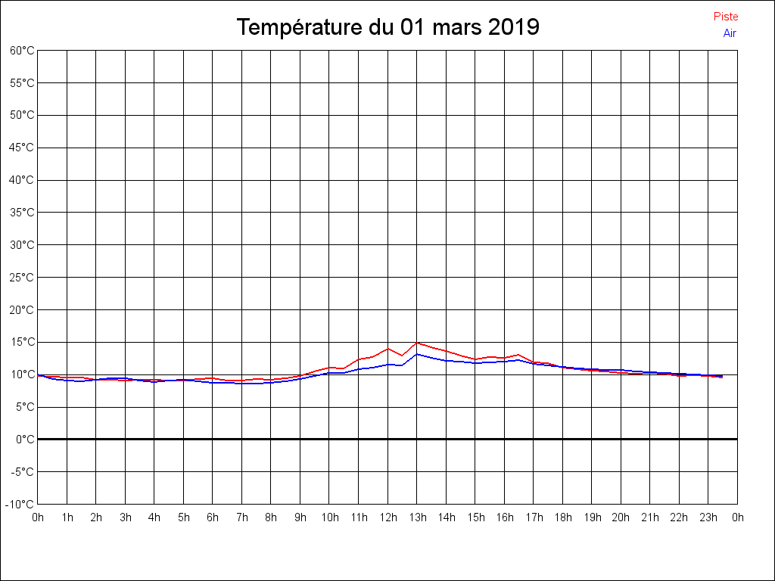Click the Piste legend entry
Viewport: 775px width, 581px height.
tap(725, 17)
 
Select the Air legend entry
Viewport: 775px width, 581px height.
tap(730, 33)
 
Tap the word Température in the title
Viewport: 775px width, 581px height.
tap(300, 27)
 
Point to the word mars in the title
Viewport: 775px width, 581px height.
tap(453, 27)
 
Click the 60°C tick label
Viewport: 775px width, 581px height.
tap(22, 51)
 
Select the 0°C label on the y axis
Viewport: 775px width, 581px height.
tap(25, 440)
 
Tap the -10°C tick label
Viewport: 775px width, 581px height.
tap(20, 505)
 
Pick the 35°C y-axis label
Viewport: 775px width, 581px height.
tap(22, 213)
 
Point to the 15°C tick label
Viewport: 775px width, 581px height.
tap(22, 342)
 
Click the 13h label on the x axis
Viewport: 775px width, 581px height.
tap(417, 517)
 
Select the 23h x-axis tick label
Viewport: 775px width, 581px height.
tap(708, 517)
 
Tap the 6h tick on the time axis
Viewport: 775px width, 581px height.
tap(213, 517)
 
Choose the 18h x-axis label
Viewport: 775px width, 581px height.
tap(562, 517)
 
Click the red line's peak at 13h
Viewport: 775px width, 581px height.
tap(417, 343)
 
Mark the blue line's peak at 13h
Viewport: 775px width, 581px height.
tap(417, 354)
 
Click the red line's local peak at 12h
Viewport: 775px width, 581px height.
tap(388, 349)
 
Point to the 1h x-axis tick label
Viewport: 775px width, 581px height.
tap(67, 517)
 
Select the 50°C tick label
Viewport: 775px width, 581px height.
tap(22, 115)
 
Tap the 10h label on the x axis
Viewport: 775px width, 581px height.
tap(329, 517)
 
